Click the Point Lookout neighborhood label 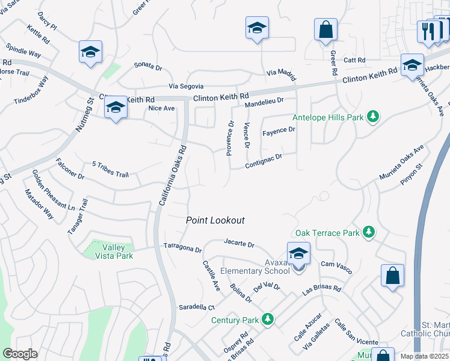point(215,220)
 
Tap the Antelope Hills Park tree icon point(373,116)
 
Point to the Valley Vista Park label point(114,251)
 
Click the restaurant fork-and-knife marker point(428,32)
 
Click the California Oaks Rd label point(173,175)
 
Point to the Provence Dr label point(230,138)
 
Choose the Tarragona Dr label point(182,248)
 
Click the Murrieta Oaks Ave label point(401,162)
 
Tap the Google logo point(19,354)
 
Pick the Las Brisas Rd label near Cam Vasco point(322,289)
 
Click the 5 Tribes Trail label point(110,169)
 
